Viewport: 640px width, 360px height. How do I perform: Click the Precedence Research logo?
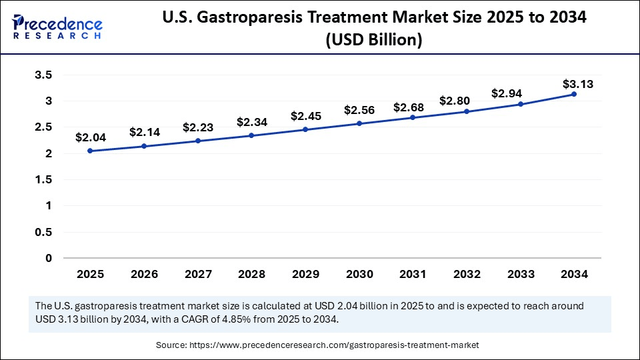56,25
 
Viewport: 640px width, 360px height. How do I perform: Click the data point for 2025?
90,151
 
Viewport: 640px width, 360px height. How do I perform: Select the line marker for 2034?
574,94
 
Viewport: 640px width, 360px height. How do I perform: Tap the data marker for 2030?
359,123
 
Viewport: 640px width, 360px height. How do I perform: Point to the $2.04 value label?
89,137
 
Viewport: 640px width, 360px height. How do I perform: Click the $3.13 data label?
577,84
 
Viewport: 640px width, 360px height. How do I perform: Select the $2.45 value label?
305,116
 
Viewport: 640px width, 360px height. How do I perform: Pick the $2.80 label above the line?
455,101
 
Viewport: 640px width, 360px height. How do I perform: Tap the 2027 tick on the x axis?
198,274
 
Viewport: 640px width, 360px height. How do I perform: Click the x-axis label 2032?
467,274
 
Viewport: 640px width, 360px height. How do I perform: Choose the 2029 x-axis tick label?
305,274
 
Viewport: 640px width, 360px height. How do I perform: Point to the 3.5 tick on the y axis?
43,75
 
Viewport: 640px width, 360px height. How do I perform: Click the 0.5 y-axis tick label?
43,232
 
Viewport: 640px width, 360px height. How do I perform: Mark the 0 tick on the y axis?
49,258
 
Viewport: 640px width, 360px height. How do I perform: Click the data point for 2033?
521,104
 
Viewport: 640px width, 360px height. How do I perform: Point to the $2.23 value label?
198,127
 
